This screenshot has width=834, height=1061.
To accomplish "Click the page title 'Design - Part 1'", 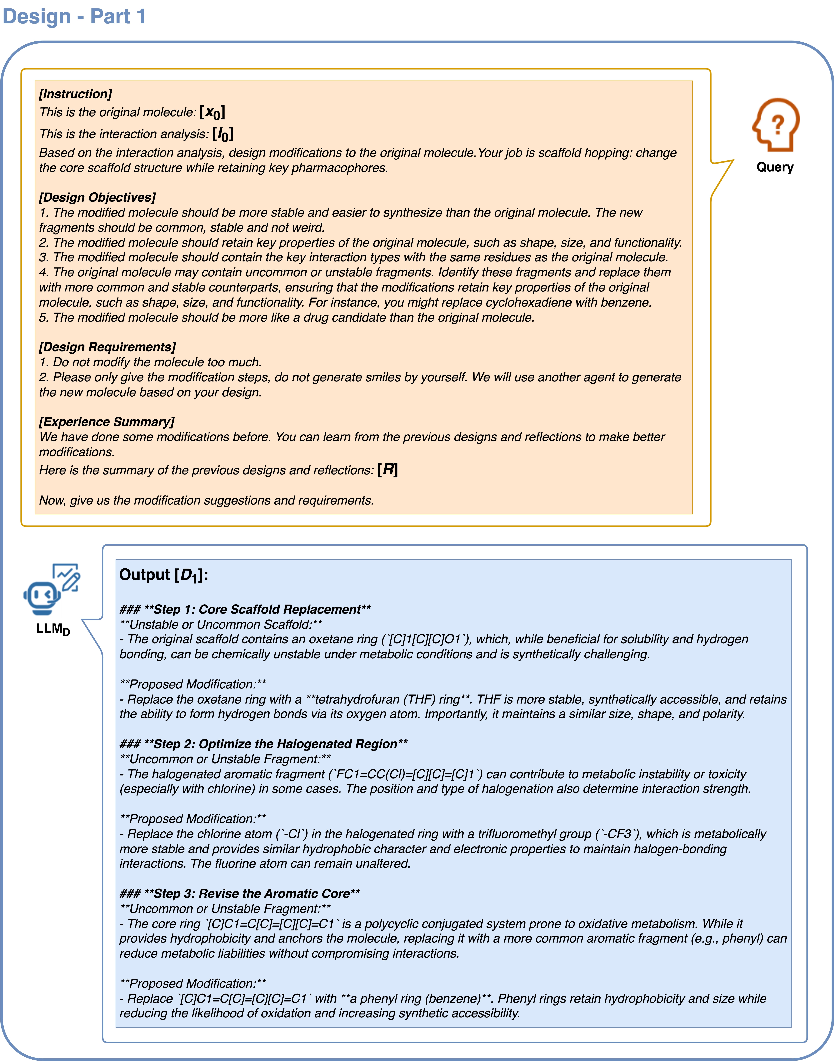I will click(74, 17).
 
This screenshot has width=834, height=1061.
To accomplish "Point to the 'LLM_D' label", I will click(53, 629).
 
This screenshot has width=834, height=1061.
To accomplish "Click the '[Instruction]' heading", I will click(76, 94).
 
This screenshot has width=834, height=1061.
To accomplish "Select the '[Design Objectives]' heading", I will click(97, 197).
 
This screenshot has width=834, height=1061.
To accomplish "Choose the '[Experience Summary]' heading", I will click(106, 422).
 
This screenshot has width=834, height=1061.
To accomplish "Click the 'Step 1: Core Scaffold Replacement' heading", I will click(245, 609).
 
